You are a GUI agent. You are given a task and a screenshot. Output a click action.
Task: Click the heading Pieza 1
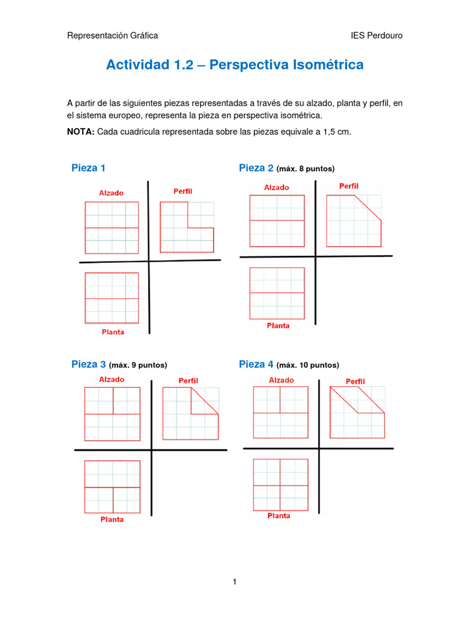(x=89, y=168)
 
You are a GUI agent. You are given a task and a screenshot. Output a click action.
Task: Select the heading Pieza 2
(x=256, y=168)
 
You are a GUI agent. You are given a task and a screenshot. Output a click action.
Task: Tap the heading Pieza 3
(x=89, y=364)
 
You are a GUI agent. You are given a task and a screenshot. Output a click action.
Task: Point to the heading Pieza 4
(x=256, y=364)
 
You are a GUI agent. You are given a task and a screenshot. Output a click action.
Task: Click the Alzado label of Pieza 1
(x=111, y=193)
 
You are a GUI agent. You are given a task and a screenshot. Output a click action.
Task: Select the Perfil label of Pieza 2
(x=349, y=186)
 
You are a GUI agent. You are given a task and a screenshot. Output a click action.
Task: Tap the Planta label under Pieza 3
(x=112, y=519)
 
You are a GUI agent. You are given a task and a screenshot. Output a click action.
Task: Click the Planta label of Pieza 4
(x=278, y=516)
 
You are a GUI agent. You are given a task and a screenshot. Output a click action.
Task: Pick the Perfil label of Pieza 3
(x=188, y=381)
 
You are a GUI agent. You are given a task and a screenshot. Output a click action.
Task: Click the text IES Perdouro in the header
(x=376, y=36)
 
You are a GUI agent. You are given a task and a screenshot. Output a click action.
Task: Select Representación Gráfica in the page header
(x=112, y=36)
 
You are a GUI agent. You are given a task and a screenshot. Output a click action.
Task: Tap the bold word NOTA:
(x=80, y=131)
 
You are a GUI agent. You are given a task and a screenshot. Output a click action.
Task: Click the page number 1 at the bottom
(x=234, y=582)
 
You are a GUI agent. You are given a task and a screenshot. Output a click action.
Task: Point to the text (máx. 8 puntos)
(x=305, y=169)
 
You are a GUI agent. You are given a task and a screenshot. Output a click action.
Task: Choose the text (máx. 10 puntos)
(x=308, y=365)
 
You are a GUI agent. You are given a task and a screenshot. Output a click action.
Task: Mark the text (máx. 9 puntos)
(x=138, y=365)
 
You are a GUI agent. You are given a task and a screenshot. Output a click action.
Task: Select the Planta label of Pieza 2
(x=278, y=326)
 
